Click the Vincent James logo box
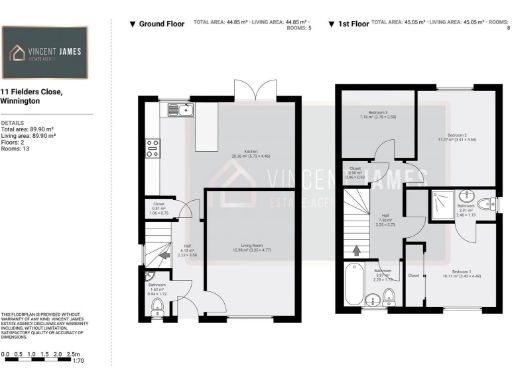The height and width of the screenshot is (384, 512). [48, 50]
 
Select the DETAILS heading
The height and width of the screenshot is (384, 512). [11, 123]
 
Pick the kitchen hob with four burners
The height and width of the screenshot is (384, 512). [153, 148]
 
